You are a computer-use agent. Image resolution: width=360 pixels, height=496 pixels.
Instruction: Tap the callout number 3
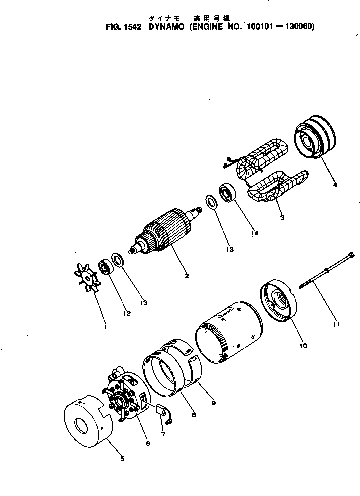(282, 218)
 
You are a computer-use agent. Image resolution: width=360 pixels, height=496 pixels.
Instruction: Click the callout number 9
(213, 402)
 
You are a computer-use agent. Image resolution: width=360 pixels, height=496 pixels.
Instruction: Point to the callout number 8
(193, 415)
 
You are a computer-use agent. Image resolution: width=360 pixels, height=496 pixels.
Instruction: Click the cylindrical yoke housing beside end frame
(228, 331)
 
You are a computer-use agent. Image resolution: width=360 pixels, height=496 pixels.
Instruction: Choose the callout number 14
(255, 232)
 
